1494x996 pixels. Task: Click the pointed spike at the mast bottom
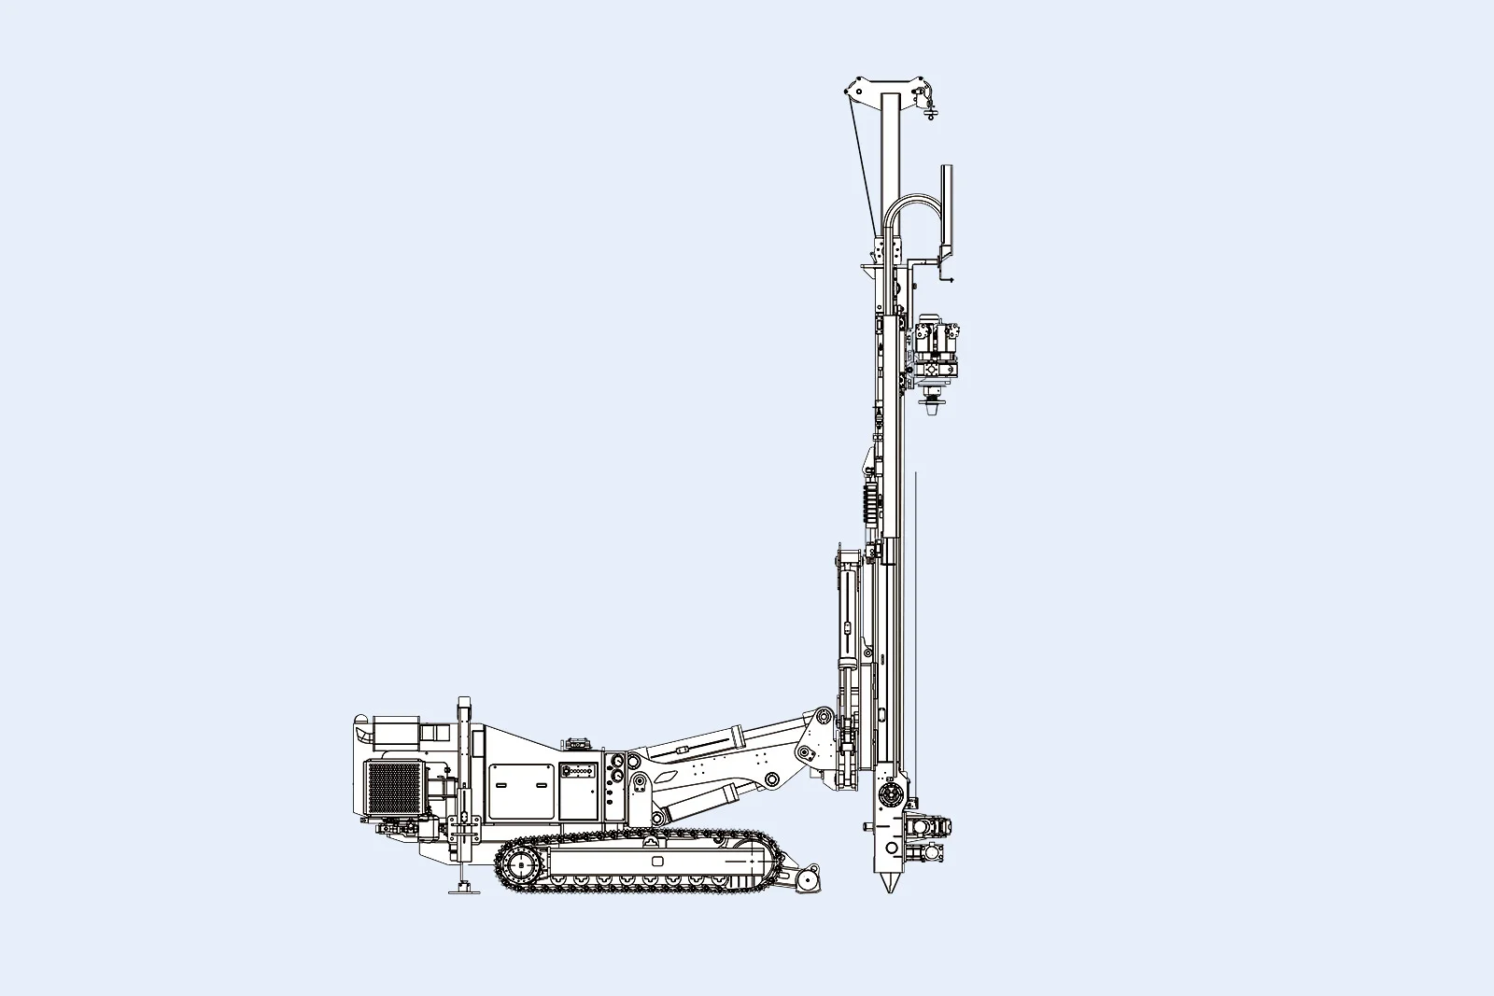point(888,882)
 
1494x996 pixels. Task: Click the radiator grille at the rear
point(393,786)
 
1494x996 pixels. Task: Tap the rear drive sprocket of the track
point(518,867)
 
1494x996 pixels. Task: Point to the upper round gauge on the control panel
point(616,763)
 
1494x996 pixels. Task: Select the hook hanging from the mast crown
point(929,109)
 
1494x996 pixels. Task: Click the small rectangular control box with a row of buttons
point(578,772)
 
